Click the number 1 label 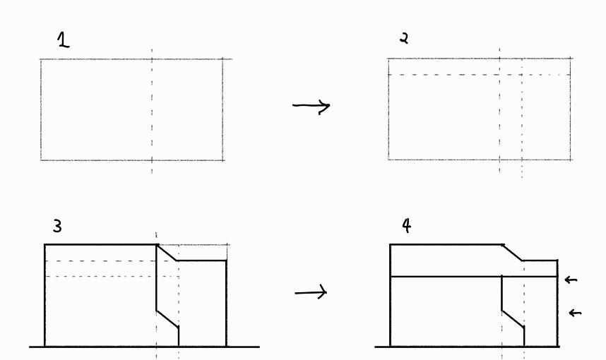[x=64, y=41]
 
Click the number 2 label [x=404, y=38]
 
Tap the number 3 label [x=57, y=227]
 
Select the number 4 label [x=406, y=226]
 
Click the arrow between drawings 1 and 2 [x=311, y=107]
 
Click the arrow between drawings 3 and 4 [x=311, y=292]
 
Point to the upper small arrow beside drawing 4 [x=571, y=280]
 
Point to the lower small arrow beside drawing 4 [x=575, y=312]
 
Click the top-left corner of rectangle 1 [x=41, y=59]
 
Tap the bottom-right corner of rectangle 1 [x=223, y=160]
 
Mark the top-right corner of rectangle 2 [x=571, y=59]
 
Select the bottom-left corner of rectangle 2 [x=388, y=160]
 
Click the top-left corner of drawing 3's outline [x=44, y=245]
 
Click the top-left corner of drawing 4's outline [x=391, y=245]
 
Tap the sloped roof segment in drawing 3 [x=167, y=253]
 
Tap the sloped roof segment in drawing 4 [x=512, y=253]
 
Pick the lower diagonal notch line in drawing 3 [x=167, y=318]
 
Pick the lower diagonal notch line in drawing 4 [x=513, y=318]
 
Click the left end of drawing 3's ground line [x=30, y=347]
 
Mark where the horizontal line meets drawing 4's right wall [x=557, y=277]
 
